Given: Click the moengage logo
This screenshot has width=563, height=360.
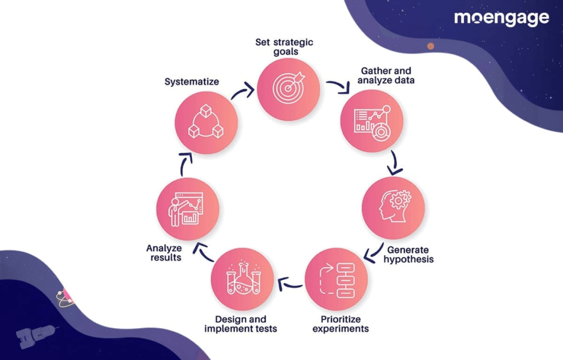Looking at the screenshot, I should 501,19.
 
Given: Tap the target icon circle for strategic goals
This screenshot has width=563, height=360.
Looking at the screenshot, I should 289,89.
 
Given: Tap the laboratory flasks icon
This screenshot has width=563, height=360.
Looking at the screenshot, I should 242,279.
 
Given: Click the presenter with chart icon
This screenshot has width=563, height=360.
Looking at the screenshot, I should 187,208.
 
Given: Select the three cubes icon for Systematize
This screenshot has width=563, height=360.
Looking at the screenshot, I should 206,121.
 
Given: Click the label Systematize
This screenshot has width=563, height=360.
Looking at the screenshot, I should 192,82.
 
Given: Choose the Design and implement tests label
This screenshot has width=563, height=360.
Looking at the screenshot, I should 241,324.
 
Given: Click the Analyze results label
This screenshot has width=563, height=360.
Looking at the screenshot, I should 164,253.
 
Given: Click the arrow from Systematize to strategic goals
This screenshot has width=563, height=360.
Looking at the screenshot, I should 242,91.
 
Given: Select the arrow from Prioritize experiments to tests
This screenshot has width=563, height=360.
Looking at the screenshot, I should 290,284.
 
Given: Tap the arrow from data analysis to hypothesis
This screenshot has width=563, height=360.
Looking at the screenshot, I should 393,163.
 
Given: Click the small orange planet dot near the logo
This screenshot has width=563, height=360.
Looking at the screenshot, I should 430,46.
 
